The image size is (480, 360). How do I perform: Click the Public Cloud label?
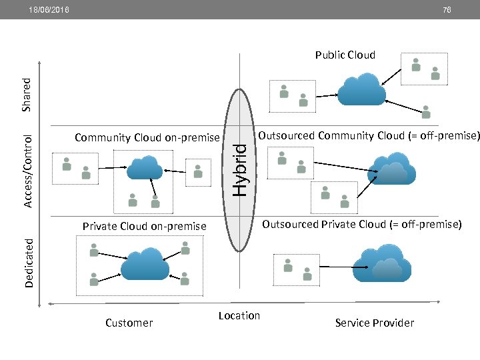[345, 55]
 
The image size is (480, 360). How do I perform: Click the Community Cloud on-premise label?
[147, 138]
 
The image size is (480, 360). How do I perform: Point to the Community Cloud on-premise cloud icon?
[144, 167]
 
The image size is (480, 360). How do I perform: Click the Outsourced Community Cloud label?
[369, 136]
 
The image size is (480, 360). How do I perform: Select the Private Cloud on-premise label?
[144, 227]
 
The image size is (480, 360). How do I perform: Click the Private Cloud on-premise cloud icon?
[145, 265]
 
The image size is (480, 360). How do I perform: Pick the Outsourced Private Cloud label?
[361, 225]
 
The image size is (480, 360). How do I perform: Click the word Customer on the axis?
[129, 323]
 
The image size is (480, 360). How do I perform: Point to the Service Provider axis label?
[374, 323]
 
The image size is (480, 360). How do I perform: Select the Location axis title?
[239, 316]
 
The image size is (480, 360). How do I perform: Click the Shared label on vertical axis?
[27, 94]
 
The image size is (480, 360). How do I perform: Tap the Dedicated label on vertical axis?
[29, 261]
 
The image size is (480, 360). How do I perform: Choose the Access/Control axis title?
[27, 171]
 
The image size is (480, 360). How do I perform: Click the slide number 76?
[446, 10]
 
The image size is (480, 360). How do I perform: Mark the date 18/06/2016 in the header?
[48, 10]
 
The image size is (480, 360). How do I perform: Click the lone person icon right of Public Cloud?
[426, 111]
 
